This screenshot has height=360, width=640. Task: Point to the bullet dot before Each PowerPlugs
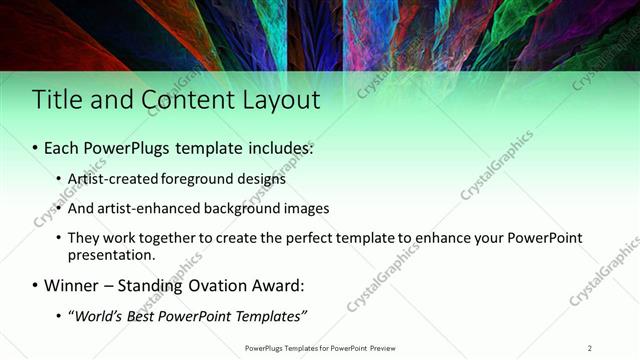35,148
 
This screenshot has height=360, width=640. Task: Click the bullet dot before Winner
35,286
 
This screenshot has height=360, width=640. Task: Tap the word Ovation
223,286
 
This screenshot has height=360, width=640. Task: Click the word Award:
280,286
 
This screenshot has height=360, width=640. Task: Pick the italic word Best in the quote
147,317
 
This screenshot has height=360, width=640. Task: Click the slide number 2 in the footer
589,348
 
